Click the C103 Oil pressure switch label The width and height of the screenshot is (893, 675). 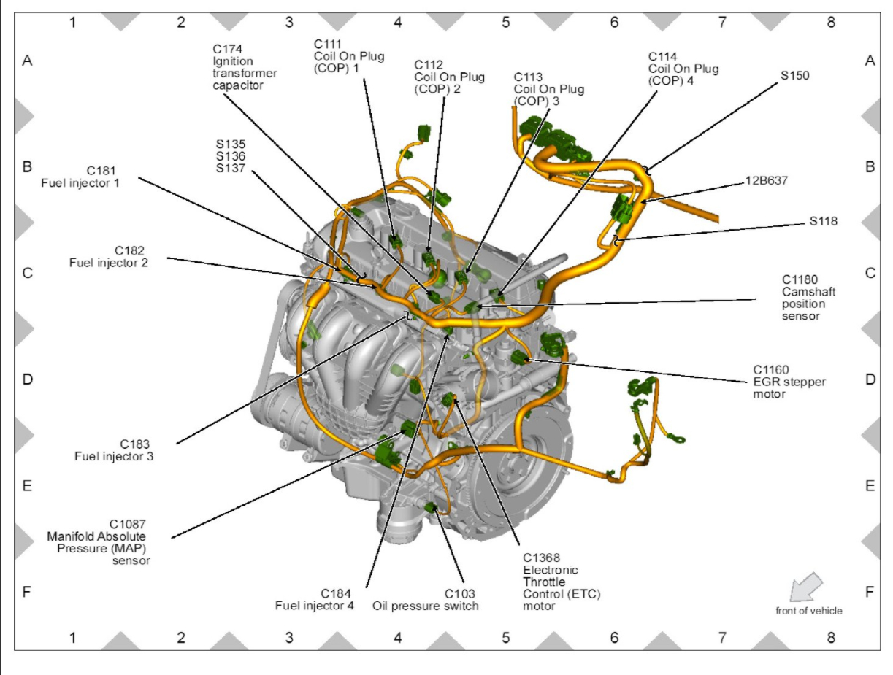coord(426,598)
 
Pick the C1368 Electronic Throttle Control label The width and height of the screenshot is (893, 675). coord(549,580)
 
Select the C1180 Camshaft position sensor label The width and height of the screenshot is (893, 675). coord(800,297)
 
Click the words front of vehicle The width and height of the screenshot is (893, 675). coord(808,611)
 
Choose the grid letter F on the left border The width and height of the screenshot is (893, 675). coord(27,592)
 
